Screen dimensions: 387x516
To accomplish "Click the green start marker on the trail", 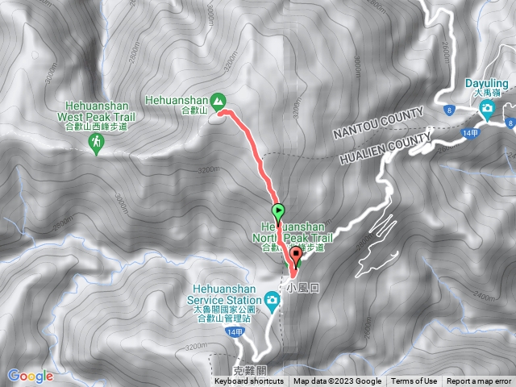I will (279, 213).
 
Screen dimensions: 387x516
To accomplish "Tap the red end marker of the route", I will (296, 257).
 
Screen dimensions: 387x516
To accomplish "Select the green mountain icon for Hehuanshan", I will (220, 99).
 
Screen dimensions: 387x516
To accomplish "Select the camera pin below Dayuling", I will (485, 106).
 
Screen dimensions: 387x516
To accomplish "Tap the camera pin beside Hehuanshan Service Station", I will (273, 302).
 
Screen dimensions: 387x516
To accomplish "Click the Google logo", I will (30, 376).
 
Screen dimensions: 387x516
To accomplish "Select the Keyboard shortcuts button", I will (251, 381).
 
